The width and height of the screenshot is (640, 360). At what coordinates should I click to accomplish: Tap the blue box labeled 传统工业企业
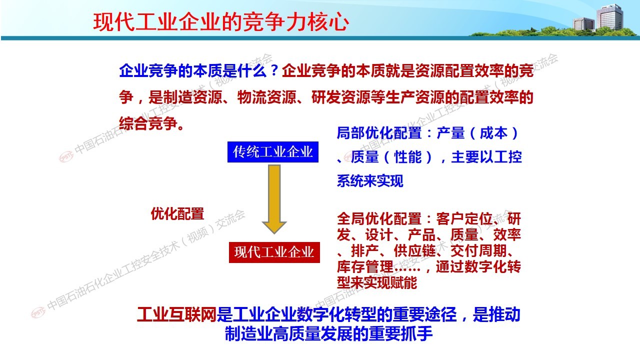tap(273, 152)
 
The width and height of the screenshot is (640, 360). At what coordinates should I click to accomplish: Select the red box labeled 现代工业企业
tap(274, 252)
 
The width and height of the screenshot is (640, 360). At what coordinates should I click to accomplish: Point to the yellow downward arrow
tap(274, 199)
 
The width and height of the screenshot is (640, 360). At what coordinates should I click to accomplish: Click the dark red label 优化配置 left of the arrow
tap(177, 213)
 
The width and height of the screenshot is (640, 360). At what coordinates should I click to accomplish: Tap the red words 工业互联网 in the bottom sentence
tap(176, 314)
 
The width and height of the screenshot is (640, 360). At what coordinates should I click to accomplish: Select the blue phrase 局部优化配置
tap(379, 133)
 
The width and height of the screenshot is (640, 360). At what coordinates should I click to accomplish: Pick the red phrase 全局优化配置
tap(379, 219)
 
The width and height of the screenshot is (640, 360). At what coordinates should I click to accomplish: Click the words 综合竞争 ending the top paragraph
tap(148, 123)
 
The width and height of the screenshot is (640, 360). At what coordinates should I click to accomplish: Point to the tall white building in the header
tap(609, 17)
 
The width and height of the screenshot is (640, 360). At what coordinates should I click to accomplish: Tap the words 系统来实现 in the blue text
tap(370, 180)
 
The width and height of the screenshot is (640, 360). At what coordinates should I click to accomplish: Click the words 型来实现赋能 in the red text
tap(377, 282)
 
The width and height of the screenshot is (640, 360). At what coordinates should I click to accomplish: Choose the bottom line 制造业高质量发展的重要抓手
tap(328, 333)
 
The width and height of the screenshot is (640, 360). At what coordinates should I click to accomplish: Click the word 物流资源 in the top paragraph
tap(266, 97)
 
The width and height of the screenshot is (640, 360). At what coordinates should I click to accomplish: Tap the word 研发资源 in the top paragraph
tap(341, 97)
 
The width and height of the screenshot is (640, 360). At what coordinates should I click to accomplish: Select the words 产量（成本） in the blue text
tap(477, 133)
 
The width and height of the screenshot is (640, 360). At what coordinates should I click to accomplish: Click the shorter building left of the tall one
tap(583, 23)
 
